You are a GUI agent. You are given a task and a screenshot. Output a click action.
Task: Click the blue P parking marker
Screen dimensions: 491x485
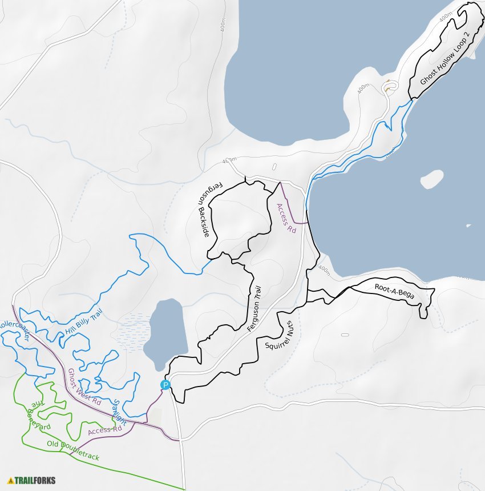coord(165,385)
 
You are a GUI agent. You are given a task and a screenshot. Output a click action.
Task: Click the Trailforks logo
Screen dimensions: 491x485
coord(32,480)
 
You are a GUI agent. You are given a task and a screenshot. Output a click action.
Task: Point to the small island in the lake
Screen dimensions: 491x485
coord(432,179)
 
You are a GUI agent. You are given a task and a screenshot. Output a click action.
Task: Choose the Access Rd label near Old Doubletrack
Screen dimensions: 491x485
coord(105,430)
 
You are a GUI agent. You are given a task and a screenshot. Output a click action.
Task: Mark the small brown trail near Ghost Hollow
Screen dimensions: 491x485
coord(389,86)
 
